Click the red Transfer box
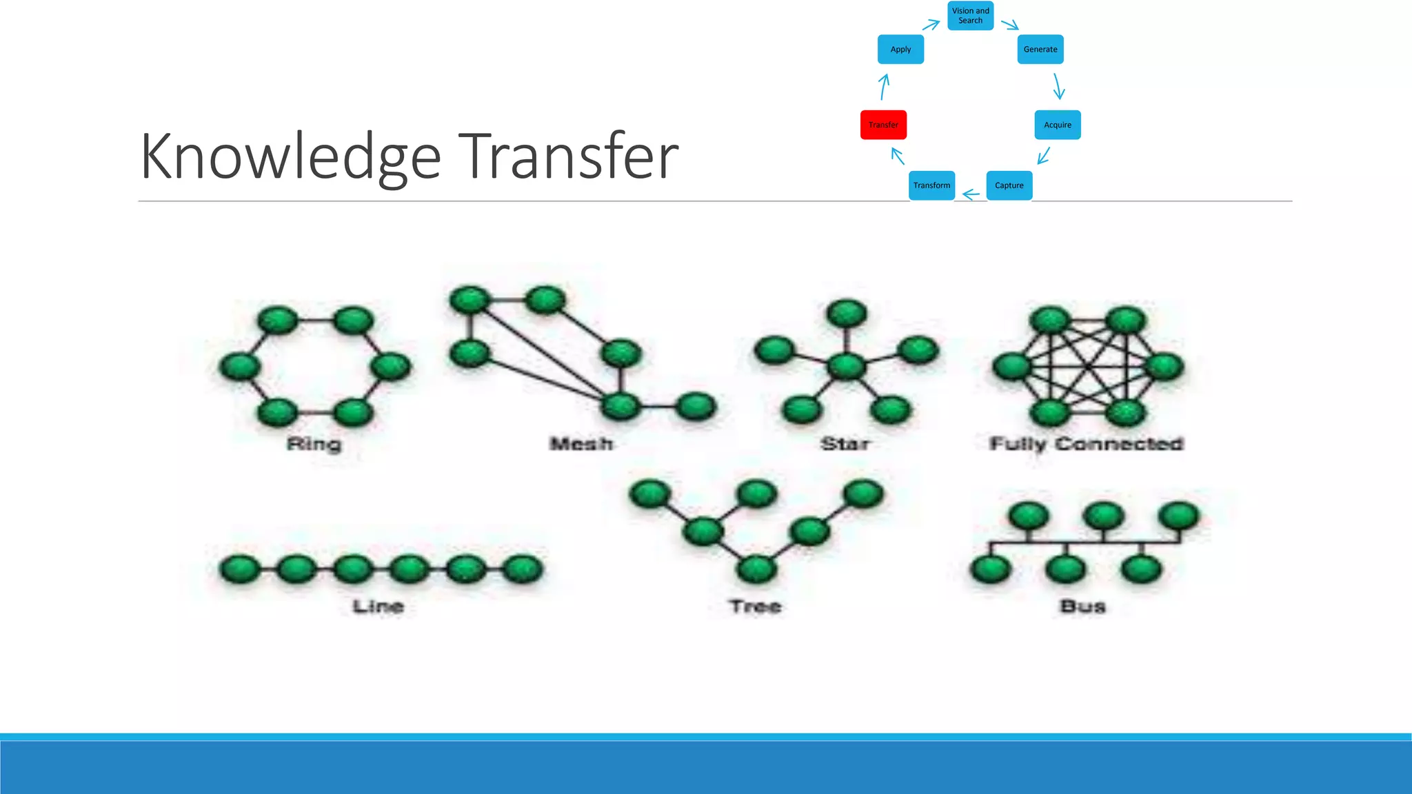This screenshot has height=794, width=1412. (883, 125)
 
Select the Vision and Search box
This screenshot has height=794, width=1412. (970, 15)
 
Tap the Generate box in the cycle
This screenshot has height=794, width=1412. (1040, 50)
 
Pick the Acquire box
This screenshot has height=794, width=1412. (1057, 125)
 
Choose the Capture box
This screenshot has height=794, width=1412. (1009, 185)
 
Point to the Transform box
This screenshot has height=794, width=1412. (931, 185)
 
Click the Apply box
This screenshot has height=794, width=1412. (900, 50)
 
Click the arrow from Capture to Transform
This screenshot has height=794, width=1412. (971, 195)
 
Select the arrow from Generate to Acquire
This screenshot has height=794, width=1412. (1058, 87)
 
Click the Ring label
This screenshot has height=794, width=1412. (314, 444)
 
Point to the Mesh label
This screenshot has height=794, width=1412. (581, 444)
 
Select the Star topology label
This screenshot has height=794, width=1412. (845, 444)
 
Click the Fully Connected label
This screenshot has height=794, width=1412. (1087, 444)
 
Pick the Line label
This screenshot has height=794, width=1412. (379, 607)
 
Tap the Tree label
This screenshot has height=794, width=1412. (756, 607)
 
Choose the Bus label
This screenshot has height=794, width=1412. (1083, 607)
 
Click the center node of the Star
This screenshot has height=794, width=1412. (846, 366)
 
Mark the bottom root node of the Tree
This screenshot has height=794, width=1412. (756, 569)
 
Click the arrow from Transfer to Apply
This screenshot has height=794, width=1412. (884, 87)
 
